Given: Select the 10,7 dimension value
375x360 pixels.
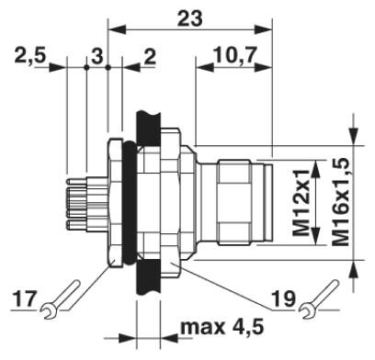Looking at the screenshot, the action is (x=234, y=55).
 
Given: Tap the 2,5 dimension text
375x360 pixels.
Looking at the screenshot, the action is (x=30, y=55).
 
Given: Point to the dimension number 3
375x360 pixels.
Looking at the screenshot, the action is (x=97, y=57).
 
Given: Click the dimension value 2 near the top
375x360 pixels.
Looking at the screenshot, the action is (x=150, y=57).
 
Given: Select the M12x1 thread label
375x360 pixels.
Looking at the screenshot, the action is (x=301, y=203).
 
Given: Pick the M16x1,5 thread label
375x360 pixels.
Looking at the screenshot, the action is (x=341, y=202).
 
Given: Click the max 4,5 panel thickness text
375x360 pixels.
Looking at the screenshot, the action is (x=222, y=327).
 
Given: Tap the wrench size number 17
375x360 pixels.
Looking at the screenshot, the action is (x=24, y=299).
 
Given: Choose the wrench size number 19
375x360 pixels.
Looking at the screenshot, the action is (x=284, y=299).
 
